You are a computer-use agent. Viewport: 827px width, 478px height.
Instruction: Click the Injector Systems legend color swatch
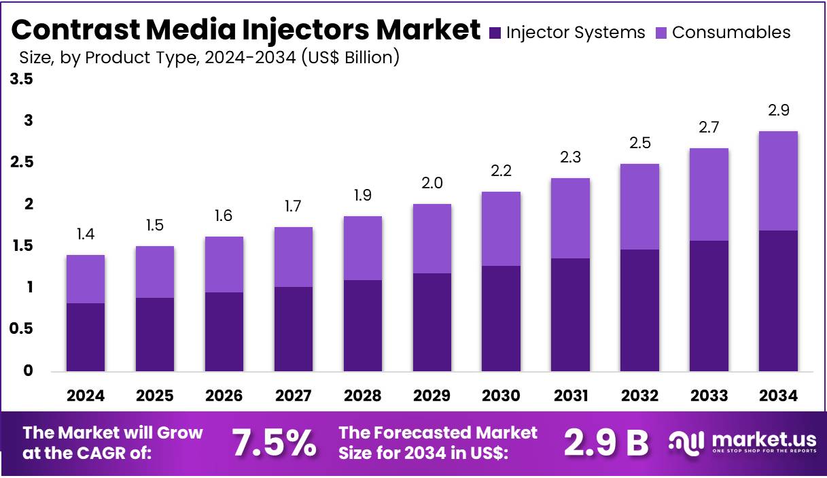pyautogui.click(x=495, y=33)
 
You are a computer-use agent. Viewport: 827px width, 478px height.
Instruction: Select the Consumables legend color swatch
pyautogui.click(x=661, y=33)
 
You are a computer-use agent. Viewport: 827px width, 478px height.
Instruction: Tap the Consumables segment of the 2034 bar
pyautogui.click(x=778, y=181)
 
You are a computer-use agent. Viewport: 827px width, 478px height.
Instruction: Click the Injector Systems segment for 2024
pyautogui.click(x=86, y=337)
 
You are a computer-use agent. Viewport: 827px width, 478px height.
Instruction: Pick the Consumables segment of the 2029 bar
pyautogui.click(x=432, y=239)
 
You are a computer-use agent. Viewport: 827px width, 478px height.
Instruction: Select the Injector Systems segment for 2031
pyautogui.click(x=570, y=315)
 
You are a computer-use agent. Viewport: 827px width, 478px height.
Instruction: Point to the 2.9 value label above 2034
pyautogui.click(x=778, y=111)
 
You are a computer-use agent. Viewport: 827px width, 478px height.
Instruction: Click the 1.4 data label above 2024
pyautogui.click(x=86, y=235)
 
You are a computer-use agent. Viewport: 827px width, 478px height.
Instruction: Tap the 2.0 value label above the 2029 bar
pyautogui.click(x=432, y=184)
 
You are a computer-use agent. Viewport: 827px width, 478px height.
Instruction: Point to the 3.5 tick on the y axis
pyautogui.click(x=21, y=80)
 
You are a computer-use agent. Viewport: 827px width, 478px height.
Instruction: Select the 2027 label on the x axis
pyautogui.click(x=294, y=396)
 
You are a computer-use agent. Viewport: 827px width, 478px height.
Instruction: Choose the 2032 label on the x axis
pyautogui.click(x=639, y=396)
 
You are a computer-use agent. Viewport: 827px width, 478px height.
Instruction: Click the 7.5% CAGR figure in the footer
pyautogui.click(x=275, y=443)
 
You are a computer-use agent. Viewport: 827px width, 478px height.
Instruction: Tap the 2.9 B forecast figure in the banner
pyautogui.click(x=606, y=443)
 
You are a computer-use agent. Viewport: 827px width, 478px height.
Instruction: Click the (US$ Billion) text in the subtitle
pyautogui.click(x=349, y=58)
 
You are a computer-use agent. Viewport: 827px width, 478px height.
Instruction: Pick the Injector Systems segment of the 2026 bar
pyautogui.click(x=224, y=332)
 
